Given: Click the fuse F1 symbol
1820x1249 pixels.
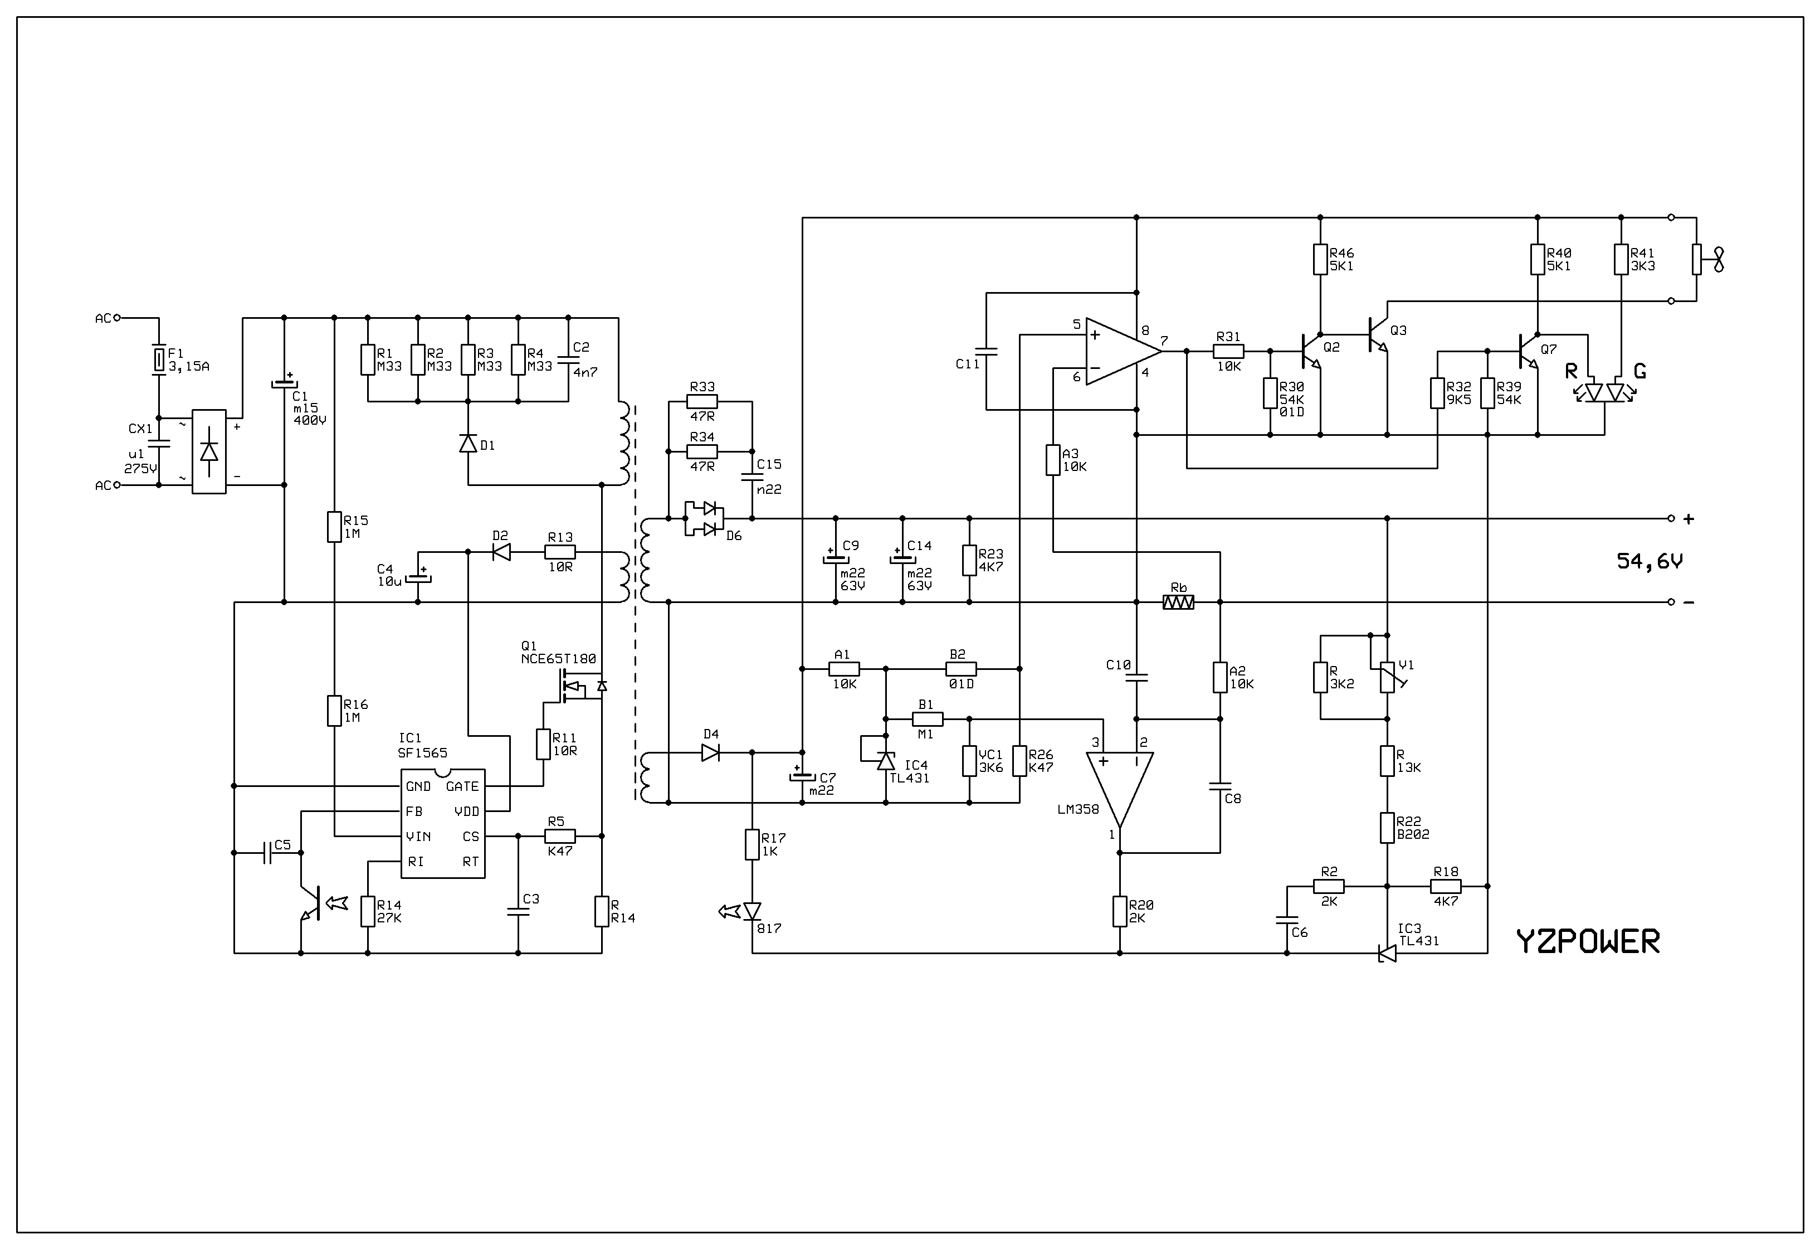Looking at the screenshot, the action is (x=159, y=361).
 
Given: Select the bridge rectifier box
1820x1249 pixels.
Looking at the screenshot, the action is (x=209, y=451).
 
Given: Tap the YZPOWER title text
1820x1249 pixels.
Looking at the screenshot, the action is (x=1587, y=941).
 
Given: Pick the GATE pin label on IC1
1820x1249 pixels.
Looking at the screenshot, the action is (x=462, y=786).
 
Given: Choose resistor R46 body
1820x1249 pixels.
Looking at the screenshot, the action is (x=1320, y=259).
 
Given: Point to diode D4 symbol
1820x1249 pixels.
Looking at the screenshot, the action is (x=710, y=752).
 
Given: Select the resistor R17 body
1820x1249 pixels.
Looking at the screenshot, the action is (x=752, y=845).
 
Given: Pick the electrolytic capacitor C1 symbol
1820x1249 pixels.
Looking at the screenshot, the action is (x=284, y=383).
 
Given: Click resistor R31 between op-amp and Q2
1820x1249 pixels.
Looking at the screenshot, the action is (x=1229, y=352).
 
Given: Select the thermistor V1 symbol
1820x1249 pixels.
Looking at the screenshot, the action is (x=1387, y=677).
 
